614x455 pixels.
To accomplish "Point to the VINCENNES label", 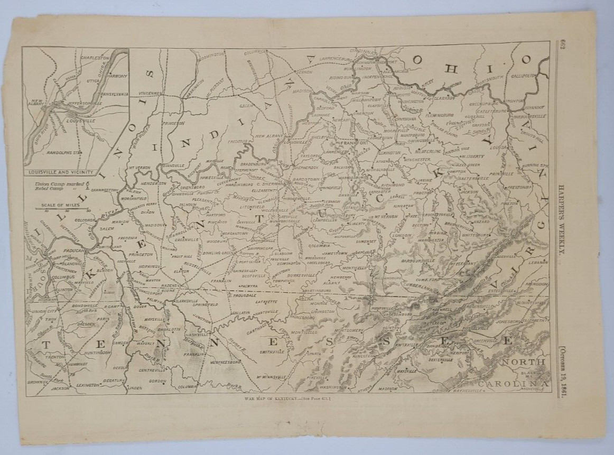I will (x=151, y=93).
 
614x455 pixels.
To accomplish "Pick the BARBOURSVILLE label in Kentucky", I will (x=415, y=261).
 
